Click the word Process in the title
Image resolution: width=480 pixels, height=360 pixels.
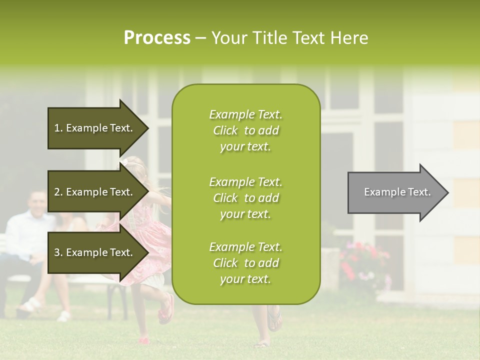click(157, 38)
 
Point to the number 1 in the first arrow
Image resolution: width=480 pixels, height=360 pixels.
click(57, 128)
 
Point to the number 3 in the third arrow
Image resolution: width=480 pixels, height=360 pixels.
click(57, 252)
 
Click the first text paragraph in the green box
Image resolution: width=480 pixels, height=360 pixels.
click(245, 130)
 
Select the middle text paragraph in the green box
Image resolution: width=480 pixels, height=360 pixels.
click(245, 197)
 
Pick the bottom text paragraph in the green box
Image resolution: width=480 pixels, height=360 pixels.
click(245, 263)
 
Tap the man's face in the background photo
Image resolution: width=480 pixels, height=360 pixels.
click(36, 203)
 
